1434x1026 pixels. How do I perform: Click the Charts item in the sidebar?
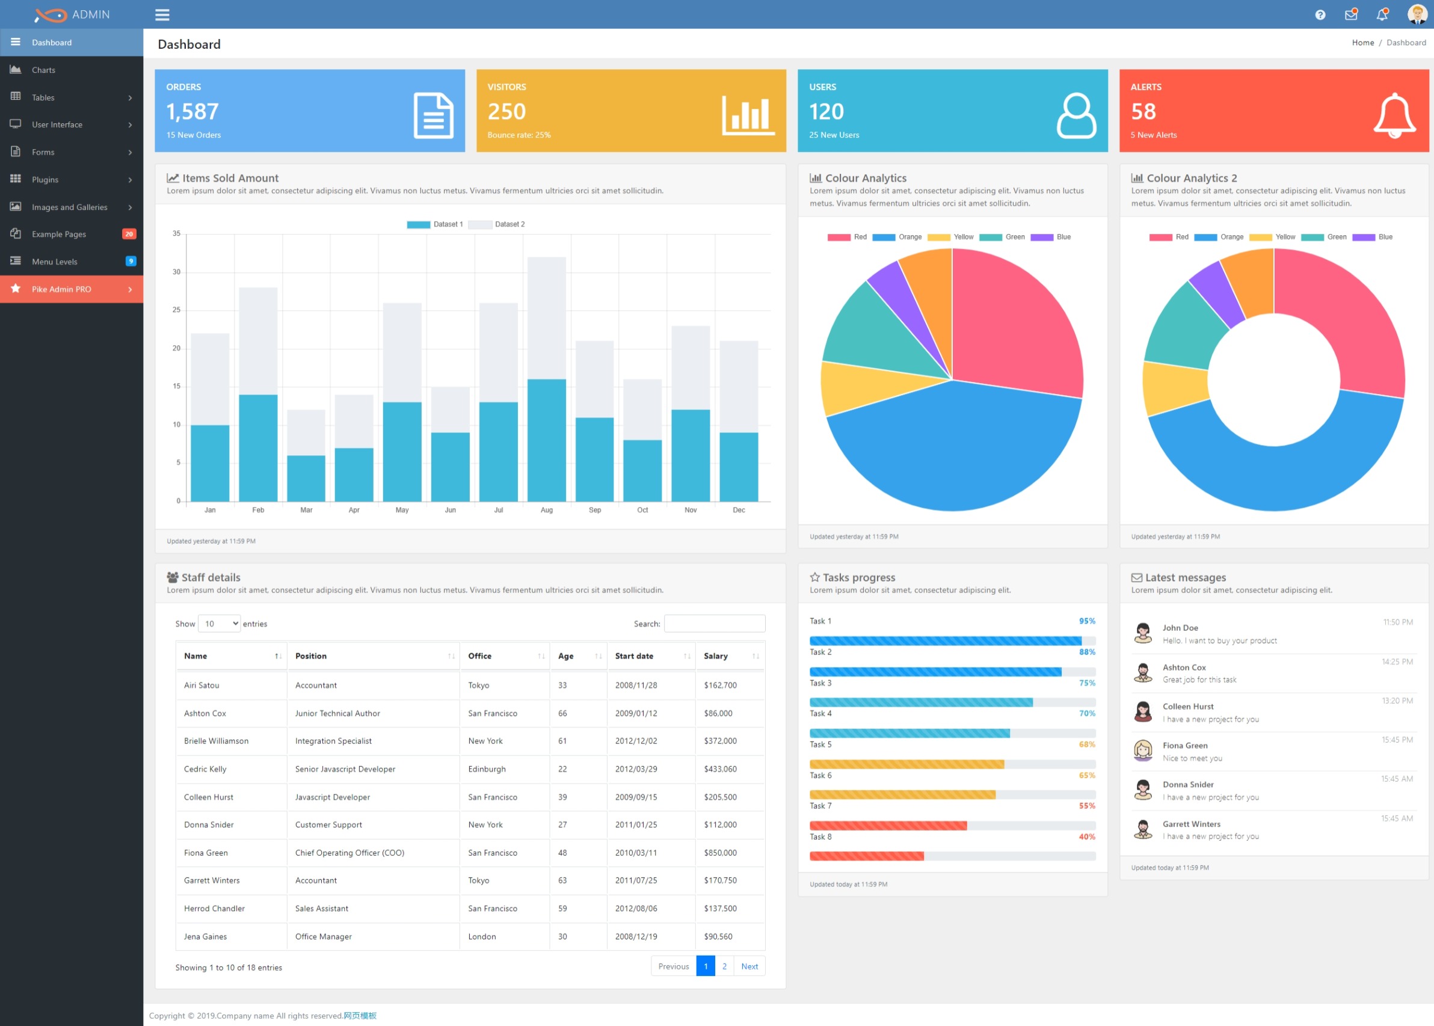[x=43, y=70]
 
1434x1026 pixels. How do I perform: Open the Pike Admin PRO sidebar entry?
[x=62, y=289]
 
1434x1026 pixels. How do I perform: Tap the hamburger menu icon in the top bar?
[x=162, y=14]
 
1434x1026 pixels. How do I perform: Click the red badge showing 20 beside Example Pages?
[x=129, y=235]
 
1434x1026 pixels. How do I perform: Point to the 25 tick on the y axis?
[x=177, y=310]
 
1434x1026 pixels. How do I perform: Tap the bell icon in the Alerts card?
[x=1394, y=115]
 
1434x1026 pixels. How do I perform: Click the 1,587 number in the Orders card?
[x=192, y=112]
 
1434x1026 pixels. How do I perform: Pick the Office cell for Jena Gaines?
[x=482, y=937]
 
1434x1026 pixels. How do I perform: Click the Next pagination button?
[x=749, y=966]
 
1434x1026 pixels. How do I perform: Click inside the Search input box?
[x=715, y=624]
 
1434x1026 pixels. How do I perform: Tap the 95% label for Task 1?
[x=1086, y=622]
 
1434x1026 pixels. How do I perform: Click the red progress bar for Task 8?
[x=866, y=856]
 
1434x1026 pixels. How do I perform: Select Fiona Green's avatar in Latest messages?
[x=1143, y=751]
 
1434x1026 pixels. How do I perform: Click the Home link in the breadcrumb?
[x=1362, y=43]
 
